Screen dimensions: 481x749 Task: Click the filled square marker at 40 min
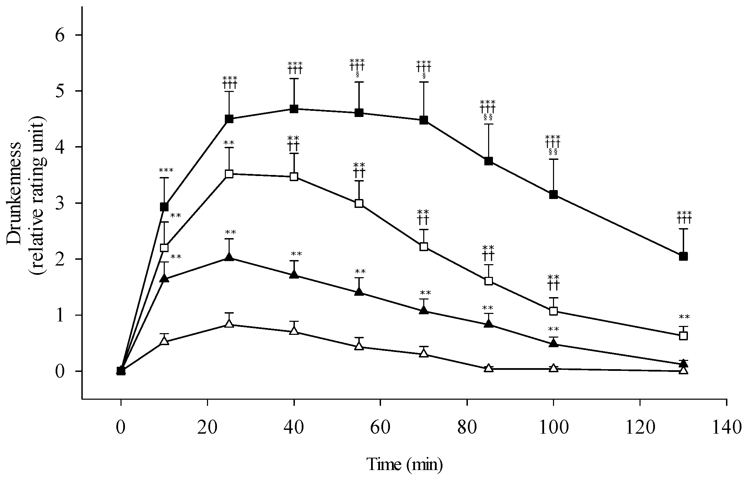[x=294, y=109]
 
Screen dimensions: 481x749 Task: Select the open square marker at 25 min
[x=229, y=174]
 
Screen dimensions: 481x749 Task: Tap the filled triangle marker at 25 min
[x=229, y=257]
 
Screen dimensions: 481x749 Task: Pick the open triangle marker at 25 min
[x=229, y=324]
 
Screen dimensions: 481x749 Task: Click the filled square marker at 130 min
[x=683, y=256]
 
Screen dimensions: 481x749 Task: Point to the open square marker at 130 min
[x=683, y=336]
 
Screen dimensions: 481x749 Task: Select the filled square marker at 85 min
[x=488, y=161]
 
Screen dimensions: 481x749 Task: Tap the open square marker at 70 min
[x=424, y=247]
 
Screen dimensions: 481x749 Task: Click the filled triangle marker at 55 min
[x=359, y=292]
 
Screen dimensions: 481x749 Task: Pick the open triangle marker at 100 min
[x=553, y=368]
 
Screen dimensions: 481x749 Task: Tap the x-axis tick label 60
[x=380, y=428]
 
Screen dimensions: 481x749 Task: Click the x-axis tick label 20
[x=207, y=428]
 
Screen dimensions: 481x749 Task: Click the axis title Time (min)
[x=405, y=465]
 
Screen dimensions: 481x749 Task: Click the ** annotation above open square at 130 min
[x=684, y=317]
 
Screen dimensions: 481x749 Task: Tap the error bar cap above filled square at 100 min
[x=553, y=159]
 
